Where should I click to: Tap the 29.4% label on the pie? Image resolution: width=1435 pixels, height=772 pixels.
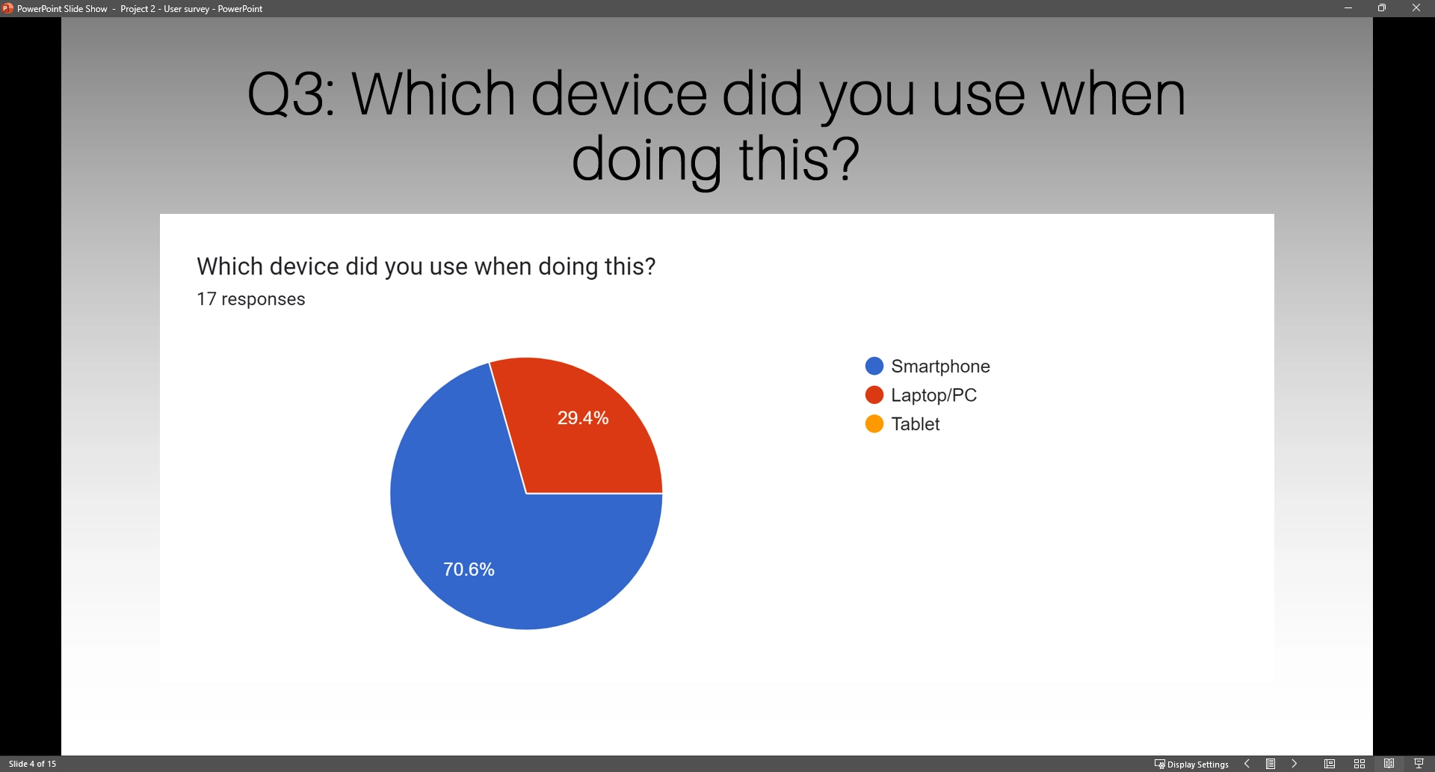(583, 418)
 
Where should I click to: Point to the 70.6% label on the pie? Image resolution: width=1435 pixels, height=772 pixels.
(469, 570)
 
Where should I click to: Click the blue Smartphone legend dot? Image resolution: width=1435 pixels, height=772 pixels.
(874, 366)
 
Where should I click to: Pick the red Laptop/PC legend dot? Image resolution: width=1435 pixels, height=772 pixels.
(874, 395)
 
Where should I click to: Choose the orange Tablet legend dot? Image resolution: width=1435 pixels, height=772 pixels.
(874, 424)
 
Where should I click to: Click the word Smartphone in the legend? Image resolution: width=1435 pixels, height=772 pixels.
(940, 367)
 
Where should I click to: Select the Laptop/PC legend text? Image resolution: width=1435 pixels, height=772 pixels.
(934, 396)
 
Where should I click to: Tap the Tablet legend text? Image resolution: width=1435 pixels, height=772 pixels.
(916, 424)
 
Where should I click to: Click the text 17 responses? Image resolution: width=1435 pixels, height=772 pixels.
(251, 299)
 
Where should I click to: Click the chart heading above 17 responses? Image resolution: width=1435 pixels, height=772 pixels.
(426, 266)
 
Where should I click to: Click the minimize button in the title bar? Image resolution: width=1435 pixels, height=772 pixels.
(1348, 8)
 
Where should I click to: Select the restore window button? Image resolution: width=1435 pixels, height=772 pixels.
(1382, 8)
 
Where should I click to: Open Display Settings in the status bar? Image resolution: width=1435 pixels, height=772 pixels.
(1191, 764)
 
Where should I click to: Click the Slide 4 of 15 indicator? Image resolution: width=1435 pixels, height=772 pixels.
(33, 764)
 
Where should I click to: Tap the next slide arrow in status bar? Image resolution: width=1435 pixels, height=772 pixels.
(1294, 764)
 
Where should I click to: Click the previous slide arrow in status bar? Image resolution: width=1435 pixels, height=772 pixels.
(1247, 764)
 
